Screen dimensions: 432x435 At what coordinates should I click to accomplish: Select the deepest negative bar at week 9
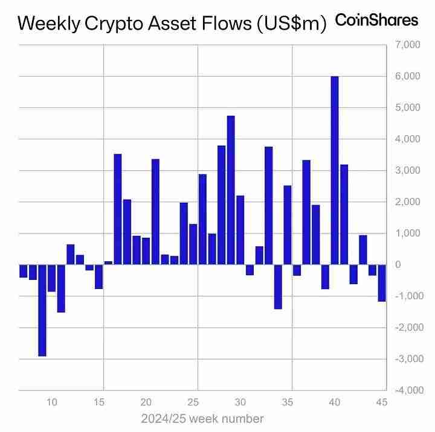(42, 310)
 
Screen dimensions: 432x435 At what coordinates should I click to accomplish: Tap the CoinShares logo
(376, 21)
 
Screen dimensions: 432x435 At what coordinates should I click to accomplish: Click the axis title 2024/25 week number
(202, 418)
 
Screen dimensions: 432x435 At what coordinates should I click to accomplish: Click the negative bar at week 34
(278, 287)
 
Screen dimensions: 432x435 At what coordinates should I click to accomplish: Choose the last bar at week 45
(382, 283)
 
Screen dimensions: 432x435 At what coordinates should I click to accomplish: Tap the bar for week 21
(155, 212)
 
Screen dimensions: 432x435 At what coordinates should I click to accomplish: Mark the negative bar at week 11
(61, 288)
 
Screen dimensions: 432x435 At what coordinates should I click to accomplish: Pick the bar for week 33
(268, 206)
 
